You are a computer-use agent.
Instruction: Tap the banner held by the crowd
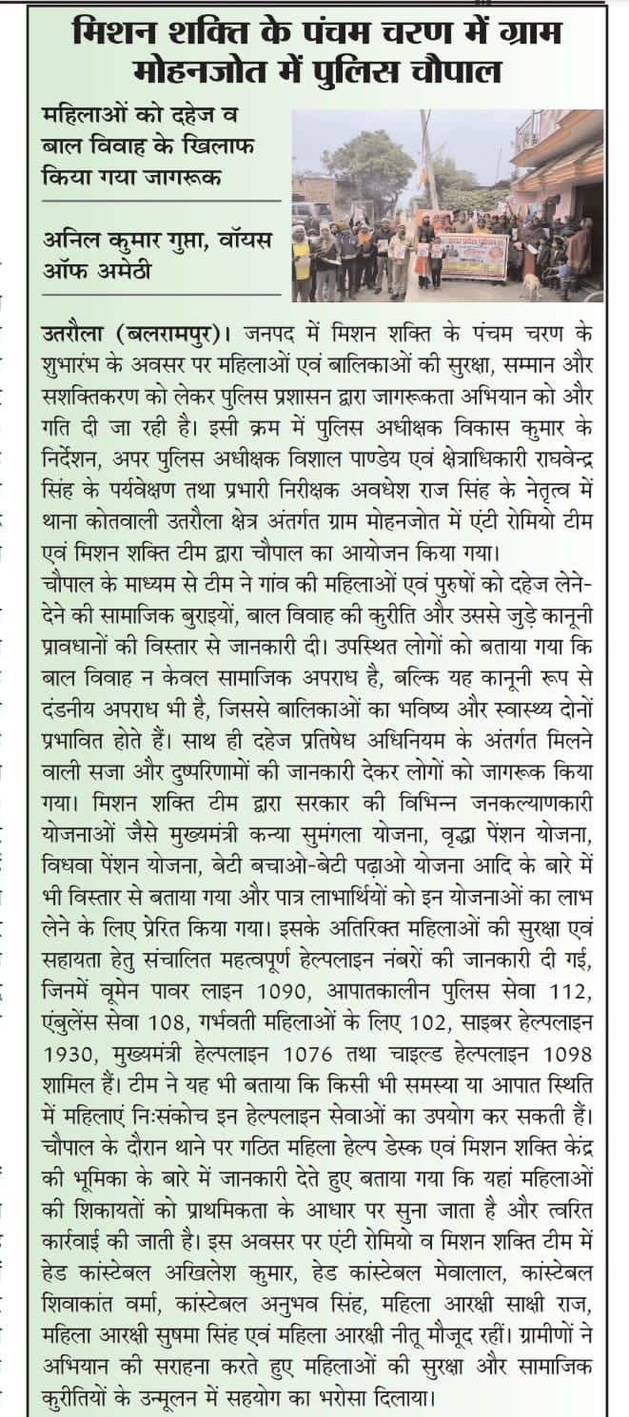click(472, 255)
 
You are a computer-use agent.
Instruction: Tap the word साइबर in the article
click(492, 1024)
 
